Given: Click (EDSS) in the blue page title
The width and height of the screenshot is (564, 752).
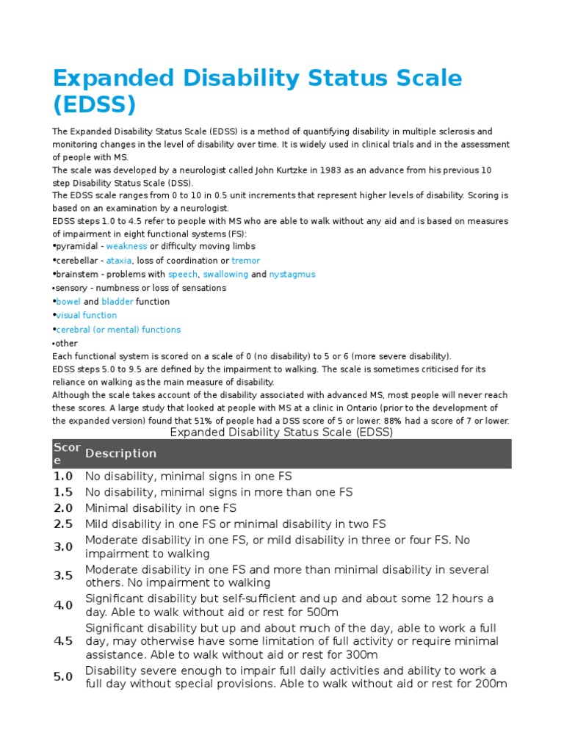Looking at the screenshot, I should click(94, 105).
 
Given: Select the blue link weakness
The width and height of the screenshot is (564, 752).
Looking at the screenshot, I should click(126, 247).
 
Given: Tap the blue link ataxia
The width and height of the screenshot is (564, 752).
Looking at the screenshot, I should click(118, 261).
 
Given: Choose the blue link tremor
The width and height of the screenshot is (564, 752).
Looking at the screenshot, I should click(245, 261).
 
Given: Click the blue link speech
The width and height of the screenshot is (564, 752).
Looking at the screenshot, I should click(183, 275).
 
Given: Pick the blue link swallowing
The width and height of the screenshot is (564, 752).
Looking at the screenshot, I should click(225, 275).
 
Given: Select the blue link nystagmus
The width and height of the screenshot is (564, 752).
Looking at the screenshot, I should click(292, 275).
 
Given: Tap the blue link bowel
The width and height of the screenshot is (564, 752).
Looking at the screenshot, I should click(68, 302).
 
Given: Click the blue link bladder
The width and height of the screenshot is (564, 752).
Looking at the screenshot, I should click(117, 302).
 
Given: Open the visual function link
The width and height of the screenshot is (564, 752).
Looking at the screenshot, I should click(87, 316).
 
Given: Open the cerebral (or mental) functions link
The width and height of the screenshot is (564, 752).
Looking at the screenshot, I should click(118, 330).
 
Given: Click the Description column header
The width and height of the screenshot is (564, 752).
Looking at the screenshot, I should click(120, 454).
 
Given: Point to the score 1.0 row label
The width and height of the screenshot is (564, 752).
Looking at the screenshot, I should click(63, 477).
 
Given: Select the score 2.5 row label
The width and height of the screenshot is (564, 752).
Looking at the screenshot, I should click(63, 524).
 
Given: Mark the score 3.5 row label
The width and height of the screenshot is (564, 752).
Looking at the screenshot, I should click(63, 576).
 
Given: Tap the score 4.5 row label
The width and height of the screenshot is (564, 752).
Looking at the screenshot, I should click(63, 641).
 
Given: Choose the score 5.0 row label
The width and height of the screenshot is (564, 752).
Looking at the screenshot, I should click(63, 677).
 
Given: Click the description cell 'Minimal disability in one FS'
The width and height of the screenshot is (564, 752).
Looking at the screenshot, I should click(161, 508).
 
